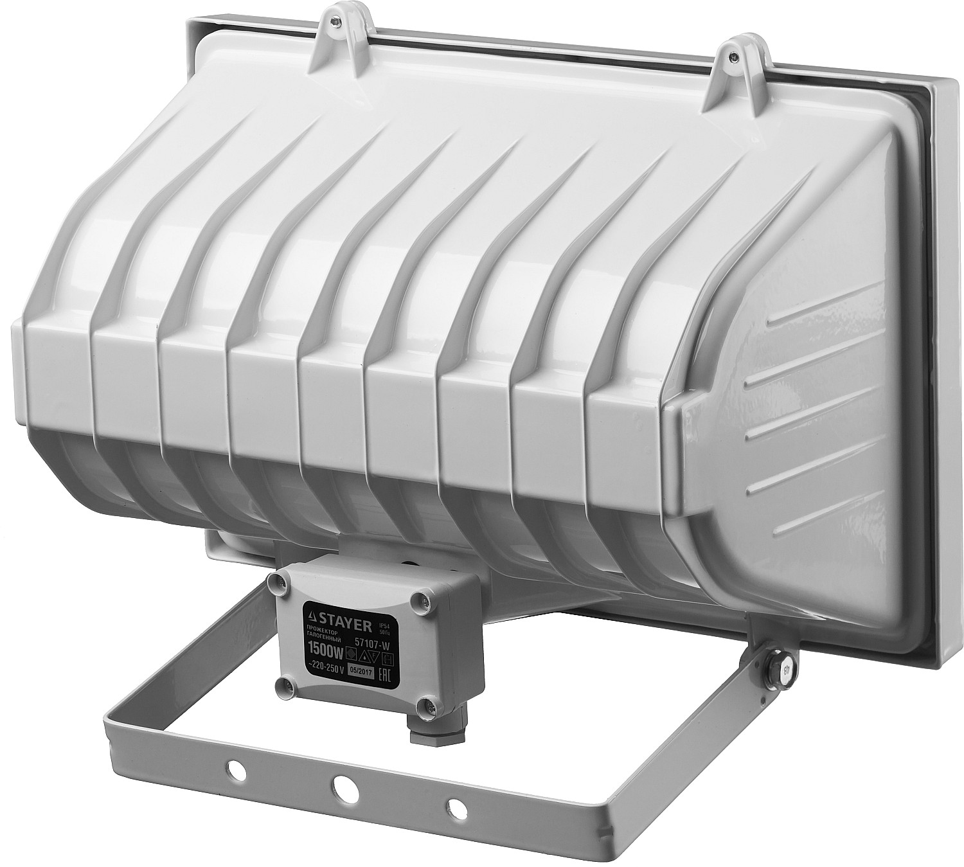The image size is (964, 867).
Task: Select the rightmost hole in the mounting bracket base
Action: point(454,806)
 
